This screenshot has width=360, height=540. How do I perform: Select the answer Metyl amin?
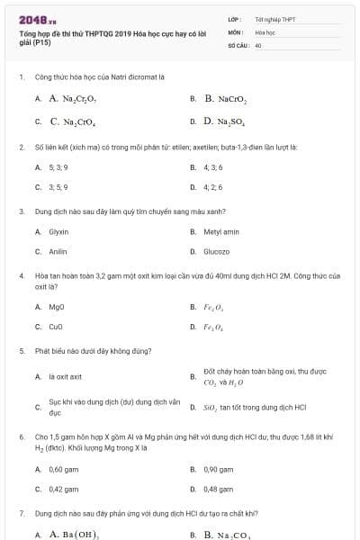(x=220, y=231)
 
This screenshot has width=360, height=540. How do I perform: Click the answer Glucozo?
(x=216, y=252)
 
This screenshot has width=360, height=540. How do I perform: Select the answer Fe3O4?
(x=213, y=328)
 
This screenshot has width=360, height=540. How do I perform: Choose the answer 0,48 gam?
(x=218, y=490)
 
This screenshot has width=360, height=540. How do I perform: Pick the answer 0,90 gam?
(x=218, y=469)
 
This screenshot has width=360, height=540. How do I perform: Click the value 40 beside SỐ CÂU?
(x=258, y=44)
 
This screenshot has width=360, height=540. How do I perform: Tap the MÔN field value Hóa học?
(x=265, y=31)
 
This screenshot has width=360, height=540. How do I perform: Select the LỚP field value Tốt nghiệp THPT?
(x=274, y=19)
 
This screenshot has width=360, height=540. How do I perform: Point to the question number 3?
(x=21, y=211)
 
